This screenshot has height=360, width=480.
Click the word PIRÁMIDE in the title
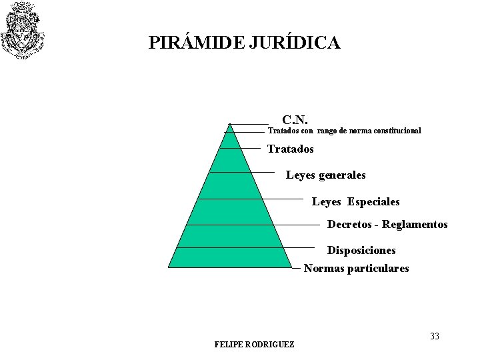[197, 43]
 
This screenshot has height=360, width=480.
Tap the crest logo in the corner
[23, 29]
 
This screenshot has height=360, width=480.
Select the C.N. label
[295, 120]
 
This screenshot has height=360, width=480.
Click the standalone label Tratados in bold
[290, 149]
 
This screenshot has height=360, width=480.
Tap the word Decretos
[349, 225]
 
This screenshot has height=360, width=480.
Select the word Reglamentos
[415, 225]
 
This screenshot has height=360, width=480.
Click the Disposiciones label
[361, 251]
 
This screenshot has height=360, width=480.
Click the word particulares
[378, 269]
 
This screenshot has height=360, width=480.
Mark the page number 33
[435, 336]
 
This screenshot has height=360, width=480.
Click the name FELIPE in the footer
[229, 345]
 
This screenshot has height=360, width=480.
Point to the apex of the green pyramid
[230, 125]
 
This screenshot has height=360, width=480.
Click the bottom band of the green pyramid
[230, 257]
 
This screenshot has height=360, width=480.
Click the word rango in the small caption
[327, 131]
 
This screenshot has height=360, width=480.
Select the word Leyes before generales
[301, 175]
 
